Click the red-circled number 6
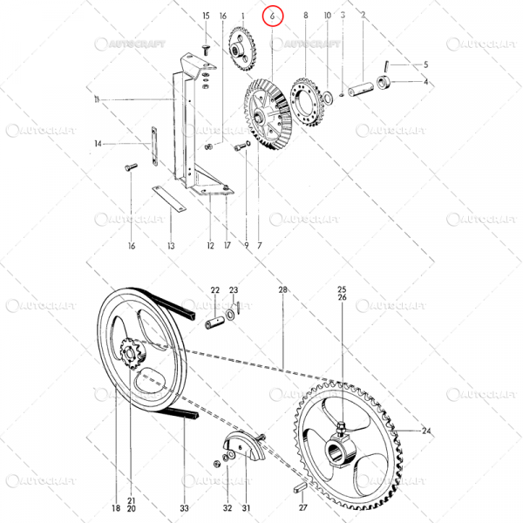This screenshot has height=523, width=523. pos(274,17)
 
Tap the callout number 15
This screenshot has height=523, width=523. pos(206,16)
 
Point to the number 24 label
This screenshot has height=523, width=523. pos(426,431)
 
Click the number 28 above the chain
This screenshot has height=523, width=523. pos(282,289)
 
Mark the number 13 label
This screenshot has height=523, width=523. pos(171,247)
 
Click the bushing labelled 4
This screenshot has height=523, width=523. pos(384,85)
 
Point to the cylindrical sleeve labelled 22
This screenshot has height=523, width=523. pos(215,319)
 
